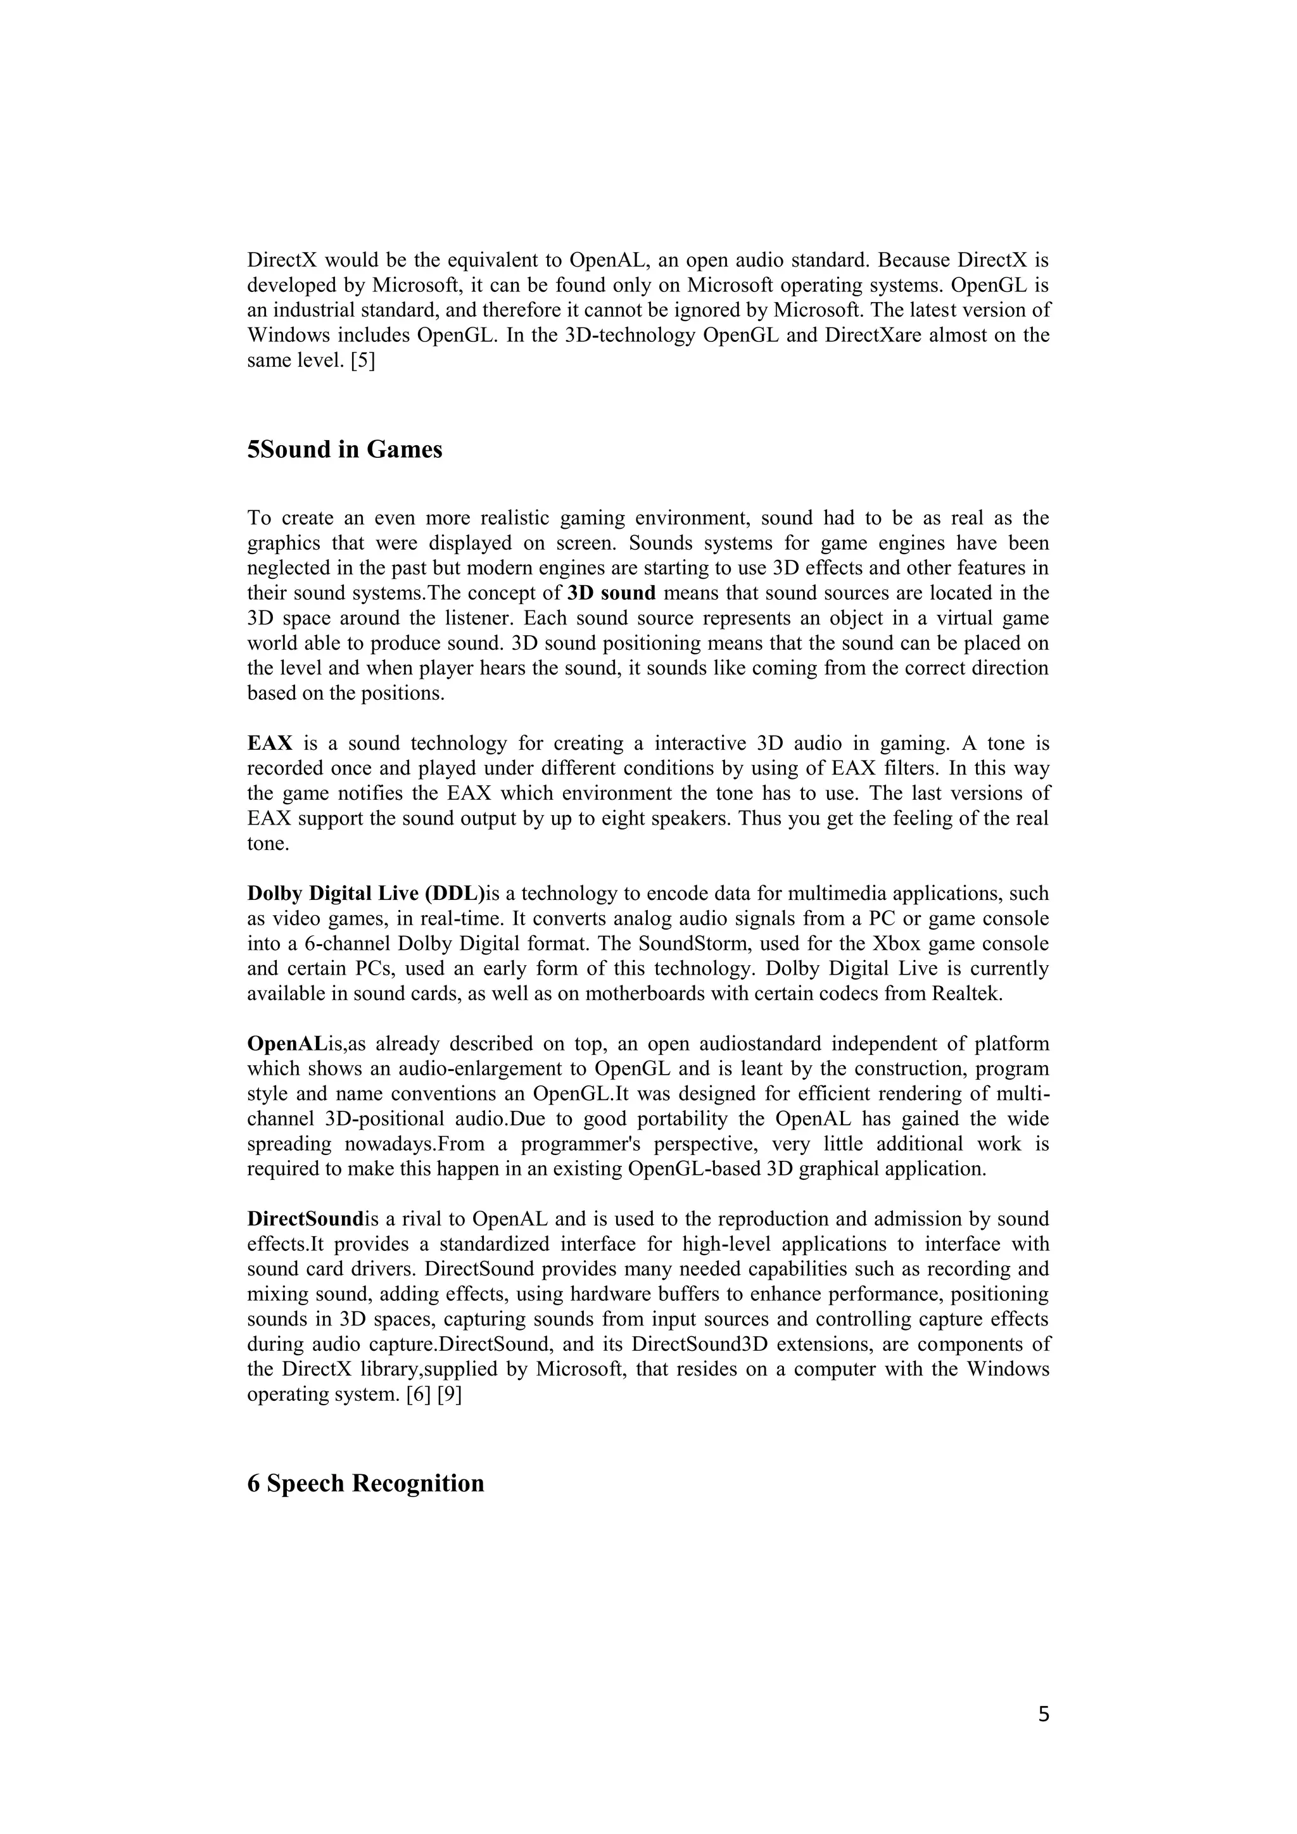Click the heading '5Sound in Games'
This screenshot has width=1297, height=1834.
[345, 450]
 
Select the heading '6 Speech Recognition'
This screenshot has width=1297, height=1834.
[366, 1483]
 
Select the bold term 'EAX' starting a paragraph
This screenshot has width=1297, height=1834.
[270, 743]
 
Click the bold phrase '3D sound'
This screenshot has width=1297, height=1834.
[611, 593]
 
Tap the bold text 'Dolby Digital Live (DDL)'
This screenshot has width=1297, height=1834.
[367, 893]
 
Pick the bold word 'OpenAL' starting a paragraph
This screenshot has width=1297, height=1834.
[287, 1044]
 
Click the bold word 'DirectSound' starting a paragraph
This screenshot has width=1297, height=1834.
[305, 1219]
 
